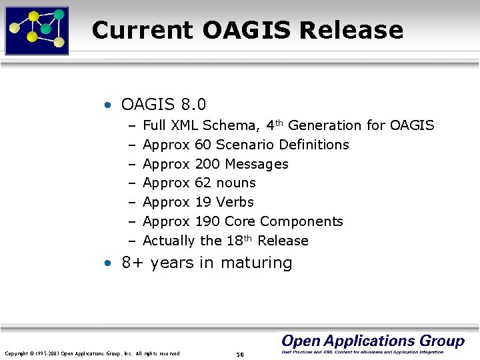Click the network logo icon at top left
pyautogui.click(x=37, y=29)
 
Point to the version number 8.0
pyautogui.click(x=193, y=105)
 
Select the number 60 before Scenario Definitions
pyautogui.click(x=203, y=145)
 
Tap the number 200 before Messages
pyautogui.click(x=207, y=164)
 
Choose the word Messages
pyautogui.click(x=257, y=164)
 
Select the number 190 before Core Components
pyautogui.click(x=207, y=221)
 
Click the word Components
pyautogui.click(x=301, y=221)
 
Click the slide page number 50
pyautogui.click(x=239, y=353)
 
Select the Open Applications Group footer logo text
pyautogui.click(x=373, y=341)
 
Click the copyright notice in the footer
pyautogui.click(x=92, y=353)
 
